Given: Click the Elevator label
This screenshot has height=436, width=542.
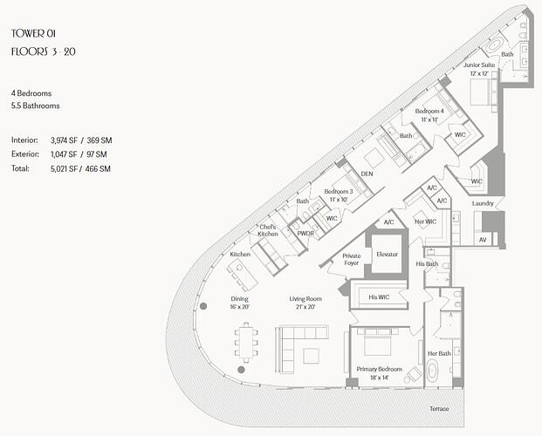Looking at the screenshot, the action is coord(388,255).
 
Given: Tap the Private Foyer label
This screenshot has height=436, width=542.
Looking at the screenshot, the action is coord(352,260).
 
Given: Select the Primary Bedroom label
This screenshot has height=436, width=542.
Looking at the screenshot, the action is coord(379,369).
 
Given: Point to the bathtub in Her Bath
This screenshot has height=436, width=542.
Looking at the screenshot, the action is coord(432,371).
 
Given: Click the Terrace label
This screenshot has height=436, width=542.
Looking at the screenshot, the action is coord(439,409).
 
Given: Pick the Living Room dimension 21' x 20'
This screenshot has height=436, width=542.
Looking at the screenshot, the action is coord(305,307).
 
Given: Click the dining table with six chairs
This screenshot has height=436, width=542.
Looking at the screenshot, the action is coord(246,342).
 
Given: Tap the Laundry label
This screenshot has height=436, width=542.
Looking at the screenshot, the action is coord(483,203).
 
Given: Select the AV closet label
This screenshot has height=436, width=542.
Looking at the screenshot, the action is coord(483,240).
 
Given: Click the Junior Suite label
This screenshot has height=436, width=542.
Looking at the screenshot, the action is coord(479,65).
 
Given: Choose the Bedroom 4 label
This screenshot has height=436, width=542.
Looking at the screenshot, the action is coord(429,112).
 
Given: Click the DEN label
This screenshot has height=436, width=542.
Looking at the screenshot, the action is coord(367,174).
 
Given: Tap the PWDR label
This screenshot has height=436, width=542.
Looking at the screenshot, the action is coord(305,234).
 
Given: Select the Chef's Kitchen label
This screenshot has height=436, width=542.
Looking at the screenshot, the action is coord(268,230).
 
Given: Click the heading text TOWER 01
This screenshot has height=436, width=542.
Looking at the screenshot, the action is coord(33,33).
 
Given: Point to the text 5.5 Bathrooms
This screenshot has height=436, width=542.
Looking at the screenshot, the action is coord(35,106).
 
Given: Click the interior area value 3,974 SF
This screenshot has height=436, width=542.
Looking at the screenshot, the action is coord(64,140).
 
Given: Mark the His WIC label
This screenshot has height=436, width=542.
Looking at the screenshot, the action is coord(379,297).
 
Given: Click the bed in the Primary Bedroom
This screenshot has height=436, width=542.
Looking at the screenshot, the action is coord(377,342).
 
